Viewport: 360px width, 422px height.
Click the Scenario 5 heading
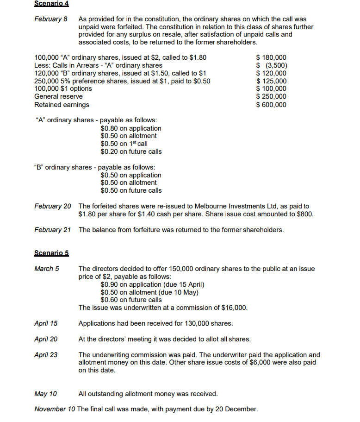51,253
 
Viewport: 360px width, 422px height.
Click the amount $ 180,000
271,57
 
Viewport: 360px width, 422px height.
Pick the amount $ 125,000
271,81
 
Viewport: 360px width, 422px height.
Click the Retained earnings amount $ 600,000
271,105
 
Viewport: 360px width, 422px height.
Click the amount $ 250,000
271,96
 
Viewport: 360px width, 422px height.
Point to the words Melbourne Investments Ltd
221,206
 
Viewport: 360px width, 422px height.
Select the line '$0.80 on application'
131,128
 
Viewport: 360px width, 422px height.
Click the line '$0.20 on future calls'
131,151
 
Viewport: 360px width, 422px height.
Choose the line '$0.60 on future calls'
131,300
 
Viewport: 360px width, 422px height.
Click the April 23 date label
46,355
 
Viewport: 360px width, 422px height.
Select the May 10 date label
45,394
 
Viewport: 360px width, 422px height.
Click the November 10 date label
55,409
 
